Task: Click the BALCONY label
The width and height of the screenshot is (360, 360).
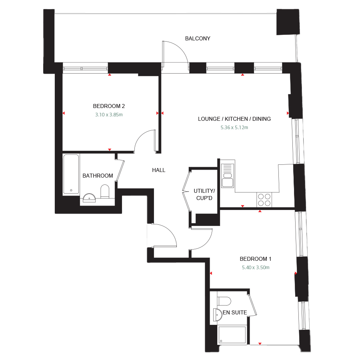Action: tap(198, 39)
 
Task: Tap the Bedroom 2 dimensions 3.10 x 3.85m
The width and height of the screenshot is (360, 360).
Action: tap(109, 114)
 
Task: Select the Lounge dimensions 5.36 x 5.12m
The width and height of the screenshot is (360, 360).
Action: tap(234, 128)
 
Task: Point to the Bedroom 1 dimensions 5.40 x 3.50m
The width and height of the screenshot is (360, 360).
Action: tap(256, 268)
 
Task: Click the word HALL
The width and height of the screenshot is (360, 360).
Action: tap(158, 170)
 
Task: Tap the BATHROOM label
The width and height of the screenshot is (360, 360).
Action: tap(98, 176)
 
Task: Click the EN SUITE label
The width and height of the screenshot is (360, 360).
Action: tap(235, 312)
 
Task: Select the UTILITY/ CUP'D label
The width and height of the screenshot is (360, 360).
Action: tap(204, 194)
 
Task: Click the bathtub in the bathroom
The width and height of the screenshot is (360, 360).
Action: tap(71, 174)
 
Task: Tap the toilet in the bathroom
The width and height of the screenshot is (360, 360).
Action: tap(105, 192)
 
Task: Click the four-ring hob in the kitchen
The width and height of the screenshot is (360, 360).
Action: tap(264, 199)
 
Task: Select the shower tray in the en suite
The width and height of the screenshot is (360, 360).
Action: tap(232, 335)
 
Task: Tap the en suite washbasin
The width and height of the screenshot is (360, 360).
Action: tap(217, 315)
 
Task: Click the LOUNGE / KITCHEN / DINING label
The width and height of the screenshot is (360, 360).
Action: tap(234, 119)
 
